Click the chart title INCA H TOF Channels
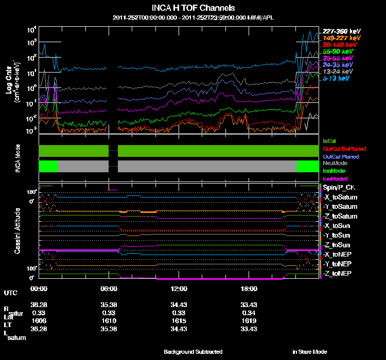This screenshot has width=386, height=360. tap(193, 8)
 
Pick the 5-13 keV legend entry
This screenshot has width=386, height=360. tap(338, 78)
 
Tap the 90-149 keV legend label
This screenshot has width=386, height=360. tap(338, 45)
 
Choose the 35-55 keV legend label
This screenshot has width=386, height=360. tap(338, 58)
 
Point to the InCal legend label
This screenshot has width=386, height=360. tap(329, 140)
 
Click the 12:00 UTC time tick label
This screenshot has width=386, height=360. tap(179, 289)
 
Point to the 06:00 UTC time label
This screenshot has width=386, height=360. tap(109, 289)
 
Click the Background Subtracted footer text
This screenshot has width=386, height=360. tap(193, 352)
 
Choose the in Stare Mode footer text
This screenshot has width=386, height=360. tap(309, 352)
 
